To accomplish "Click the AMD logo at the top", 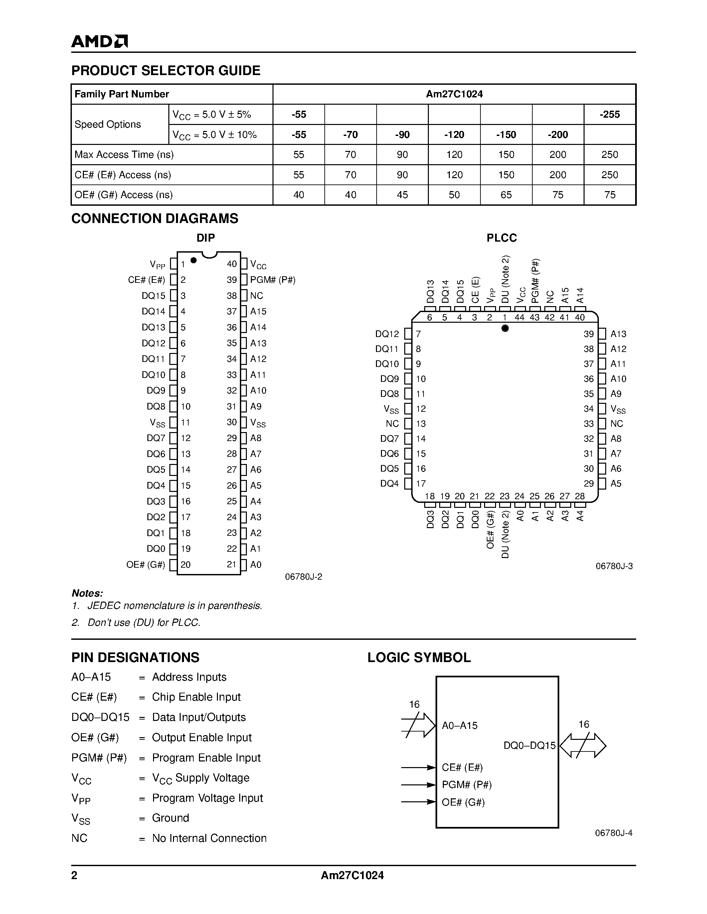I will click(99, 41).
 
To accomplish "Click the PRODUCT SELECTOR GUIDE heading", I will click(166, 70).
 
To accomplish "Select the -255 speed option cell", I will click(610, 114).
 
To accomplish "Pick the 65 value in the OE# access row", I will click(506, 195).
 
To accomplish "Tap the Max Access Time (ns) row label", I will click(124, 155).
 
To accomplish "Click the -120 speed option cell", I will click(454, 134).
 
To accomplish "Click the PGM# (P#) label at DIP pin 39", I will click(273, 280).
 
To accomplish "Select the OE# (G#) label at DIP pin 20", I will click(146, 565).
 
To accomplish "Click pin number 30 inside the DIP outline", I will click(232, 422).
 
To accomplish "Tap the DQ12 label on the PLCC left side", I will click(387, 334).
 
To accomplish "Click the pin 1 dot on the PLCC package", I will click(505, 328).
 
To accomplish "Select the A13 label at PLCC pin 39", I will click(618, 334).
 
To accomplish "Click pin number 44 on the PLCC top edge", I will click(519, 317).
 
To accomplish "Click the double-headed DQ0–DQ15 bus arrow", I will click(583, 746).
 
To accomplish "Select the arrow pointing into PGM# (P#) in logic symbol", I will click(419, 785).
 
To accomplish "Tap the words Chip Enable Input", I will click(196, 697).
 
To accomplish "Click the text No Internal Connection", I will click(209, 838).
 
